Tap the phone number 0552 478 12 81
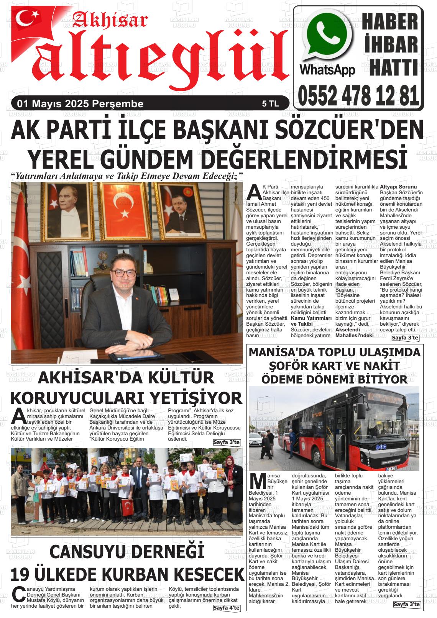358,96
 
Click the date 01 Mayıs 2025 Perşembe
78,104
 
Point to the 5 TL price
270,104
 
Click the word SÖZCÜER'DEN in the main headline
349,130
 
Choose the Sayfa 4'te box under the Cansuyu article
226,608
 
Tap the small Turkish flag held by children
127,507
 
